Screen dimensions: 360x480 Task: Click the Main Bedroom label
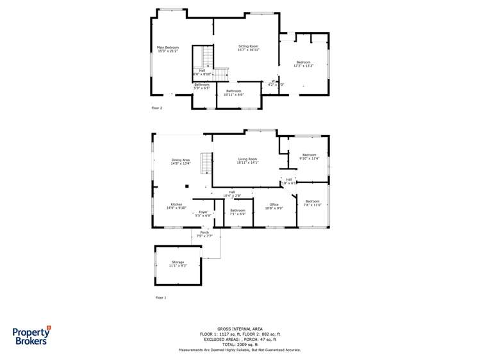click(x=168, y=49)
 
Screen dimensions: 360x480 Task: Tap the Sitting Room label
click(x=248, y=48)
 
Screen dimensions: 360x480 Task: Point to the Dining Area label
click(x=180, y=161)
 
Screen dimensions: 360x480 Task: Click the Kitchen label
click(x=176, y=206)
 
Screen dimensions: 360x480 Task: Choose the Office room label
click(x=274, y=206)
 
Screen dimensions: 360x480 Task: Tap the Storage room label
click(x=178, y=263)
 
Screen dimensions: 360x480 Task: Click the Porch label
click(x=204, y=234)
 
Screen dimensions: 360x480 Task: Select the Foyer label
click(x=203, y=213)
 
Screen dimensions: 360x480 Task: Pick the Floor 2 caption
click(x=157, y=108)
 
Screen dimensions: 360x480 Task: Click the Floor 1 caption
click(x=160, y=298)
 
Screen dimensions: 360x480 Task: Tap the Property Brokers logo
click(x=32, y=336)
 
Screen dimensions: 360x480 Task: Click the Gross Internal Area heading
click(x=240, y=329)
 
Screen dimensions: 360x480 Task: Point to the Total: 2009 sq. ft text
click(x=240, y=344)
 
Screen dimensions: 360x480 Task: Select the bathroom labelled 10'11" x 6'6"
click(x=233, y=92)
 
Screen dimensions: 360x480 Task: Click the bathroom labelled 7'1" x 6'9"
click(x=238, y=212)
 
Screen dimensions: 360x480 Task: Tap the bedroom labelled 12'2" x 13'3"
click(x=303, y=64)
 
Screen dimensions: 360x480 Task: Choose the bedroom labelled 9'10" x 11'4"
click(x=310, y=156)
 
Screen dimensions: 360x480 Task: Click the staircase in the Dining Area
click(x=206, y=163)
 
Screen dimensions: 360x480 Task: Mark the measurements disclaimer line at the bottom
click(x=240, y=350)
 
